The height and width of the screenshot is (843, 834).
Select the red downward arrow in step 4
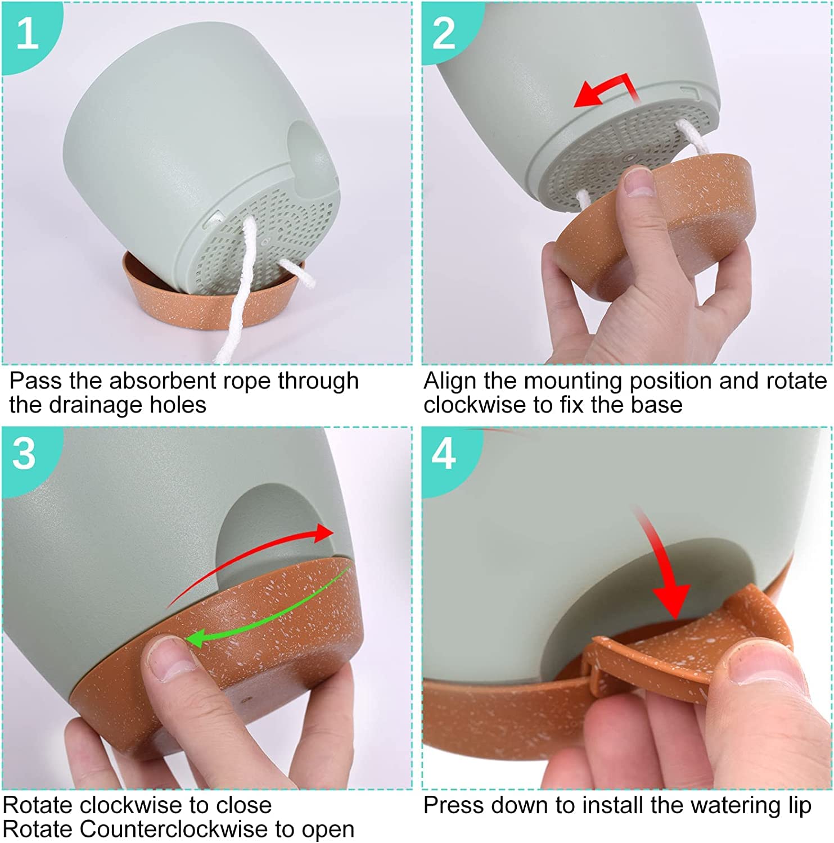coord(664,568)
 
